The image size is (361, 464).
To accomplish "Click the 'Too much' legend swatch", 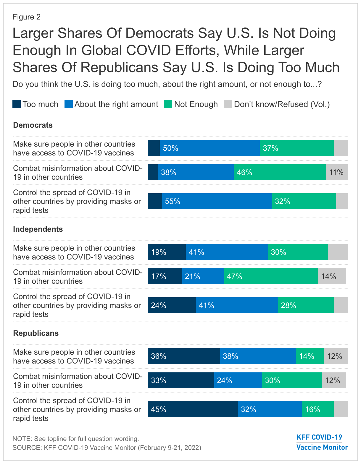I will (17, 104).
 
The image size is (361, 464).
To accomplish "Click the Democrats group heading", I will (33, 125).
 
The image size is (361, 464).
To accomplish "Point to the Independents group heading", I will (38, 229).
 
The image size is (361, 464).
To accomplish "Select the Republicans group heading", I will (36, 333).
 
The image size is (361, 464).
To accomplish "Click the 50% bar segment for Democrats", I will (209, 148).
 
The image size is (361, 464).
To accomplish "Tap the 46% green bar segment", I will (280, 172).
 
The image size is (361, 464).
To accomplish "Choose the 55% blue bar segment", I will (217, 201).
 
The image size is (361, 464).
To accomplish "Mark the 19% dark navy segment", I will (167, 252).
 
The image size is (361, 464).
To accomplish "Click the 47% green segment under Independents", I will (271, 276).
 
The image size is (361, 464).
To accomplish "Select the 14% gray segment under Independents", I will (332, 276).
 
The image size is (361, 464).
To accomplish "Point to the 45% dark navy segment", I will (193, 409).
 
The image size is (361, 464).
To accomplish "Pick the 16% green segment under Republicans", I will (318, 409).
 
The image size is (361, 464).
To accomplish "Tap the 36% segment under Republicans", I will (184, 356).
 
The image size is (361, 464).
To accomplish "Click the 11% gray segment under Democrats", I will (337, 172).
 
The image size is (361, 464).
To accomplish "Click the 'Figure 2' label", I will (26, 17).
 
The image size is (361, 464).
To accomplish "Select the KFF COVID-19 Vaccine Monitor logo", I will (322, 442).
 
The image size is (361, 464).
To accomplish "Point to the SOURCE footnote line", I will (107, 447).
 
